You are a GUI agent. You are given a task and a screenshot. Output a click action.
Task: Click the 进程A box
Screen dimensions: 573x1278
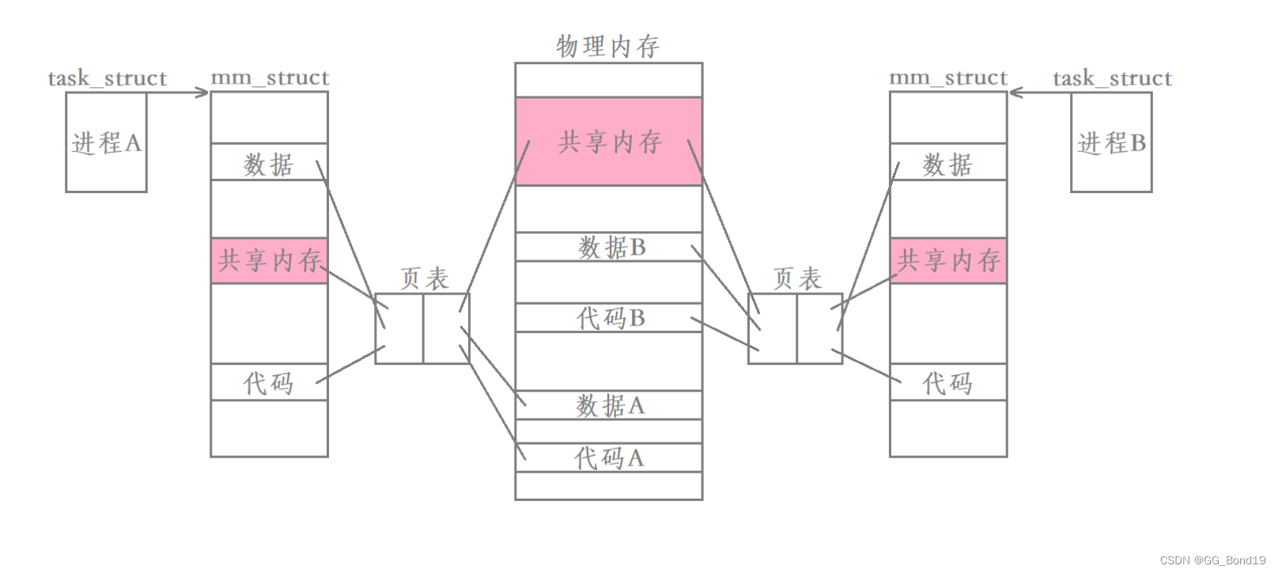(106, 142)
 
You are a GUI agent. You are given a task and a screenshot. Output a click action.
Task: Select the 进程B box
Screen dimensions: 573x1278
(1111, 142)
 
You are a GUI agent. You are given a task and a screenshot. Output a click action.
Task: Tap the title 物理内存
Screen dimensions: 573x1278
(608, 46)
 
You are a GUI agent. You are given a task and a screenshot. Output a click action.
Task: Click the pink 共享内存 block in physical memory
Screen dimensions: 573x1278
(608, 142)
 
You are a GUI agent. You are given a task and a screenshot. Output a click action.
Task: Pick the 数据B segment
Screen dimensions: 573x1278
(608, 247)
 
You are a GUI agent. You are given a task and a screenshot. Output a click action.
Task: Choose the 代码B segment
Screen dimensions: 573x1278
(608, 317)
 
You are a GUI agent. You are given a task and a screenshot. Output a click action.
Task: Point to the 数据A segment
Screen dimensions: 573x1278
(608, 405)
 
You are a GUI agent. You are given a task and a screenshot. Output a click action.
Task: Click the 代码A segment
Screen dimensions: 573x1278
(608, 457)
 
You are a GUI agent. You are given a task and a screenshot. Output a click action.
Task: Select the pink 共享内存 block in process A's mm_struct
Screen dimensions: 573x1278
(269, 260)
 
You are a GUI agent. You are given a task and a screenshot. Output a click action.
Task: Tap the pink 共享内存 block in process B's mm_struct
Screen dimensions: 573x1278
(948, 260)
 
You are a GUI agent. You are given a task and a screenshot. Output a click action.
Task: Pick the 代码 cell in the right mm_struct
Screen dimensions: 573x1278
(948, 382)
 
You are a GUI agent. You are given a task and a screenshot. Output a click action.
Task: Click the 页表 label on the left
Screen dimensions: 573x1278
(424, 278)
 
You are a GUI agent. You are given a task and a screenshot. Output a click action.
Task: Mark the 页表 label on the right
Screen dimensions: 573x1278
(797, 278)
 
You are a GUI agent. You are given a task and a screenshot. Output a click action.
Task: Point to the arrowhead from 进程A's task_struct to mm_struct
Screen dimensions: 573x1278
(204, 93)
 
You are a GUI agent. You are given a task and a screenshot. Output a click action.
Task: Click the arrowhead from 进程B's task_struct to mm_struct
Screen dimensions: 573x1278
(1015, 93)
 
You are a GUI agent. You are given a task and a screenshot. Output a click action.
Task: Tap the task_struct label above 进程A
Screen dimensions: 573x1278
(108, 78)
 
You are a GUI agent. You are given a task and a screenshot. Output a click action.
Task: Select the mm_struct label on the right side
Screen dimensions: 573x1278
(948, 78)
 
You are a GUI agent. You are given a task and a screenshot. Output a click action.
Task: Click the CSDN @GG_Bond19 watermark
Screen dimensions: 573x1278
(1212, 560)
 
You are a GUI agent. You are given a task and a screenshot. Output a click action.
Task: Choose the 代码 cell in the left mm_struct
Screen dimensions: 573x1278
(269, 382)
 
